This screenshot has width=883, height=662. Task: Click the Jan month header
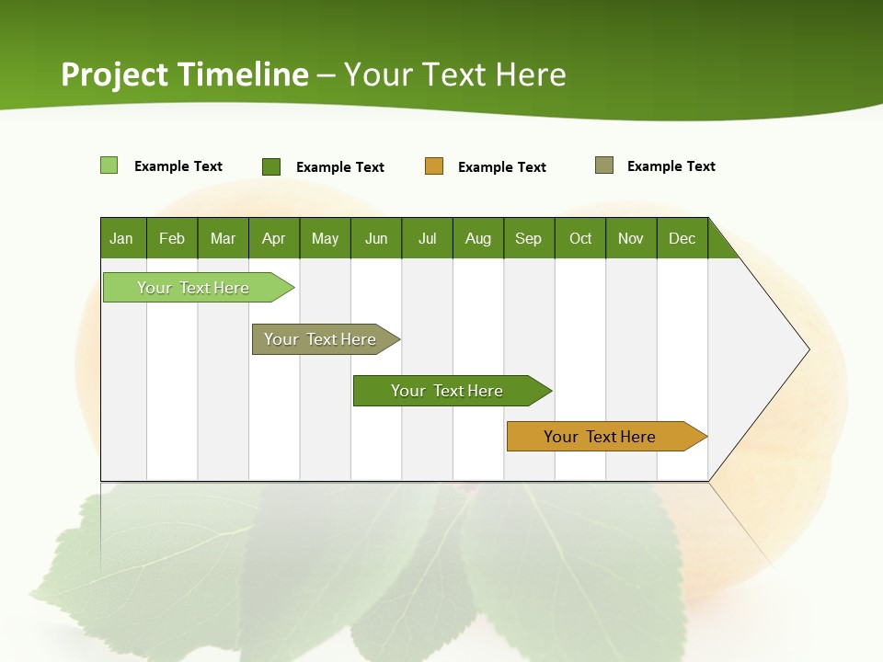point(122,238)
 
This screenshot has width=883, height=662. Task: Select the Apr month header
point(274,238)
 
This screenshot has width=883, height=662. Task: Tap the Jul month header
point(427,238)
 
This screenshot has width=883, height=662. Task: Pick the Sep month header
point(529,238)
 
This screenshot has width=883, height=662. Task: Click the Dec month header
point(682,238)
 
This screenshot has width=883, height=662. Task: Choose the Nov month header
point(631,238)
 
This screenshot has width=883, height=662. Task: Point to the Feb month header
point(172,238)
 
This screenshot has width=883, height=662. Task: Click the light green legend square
point(109,165)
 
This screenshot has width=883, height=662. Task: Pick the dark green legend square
point(271,166)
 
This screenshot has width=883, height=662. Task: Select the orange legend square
point(434,166)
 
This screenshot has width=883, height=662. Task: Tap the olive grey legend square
point(604,165)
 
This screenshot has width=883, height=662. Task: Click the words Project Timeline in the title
point(184,74)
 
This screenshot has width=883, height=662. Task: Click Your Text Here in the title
point(455,74)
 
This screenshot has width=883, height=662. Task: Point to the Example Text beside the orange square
point(502,167)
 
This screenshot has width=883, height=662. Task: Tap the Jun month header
point(376,238)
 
